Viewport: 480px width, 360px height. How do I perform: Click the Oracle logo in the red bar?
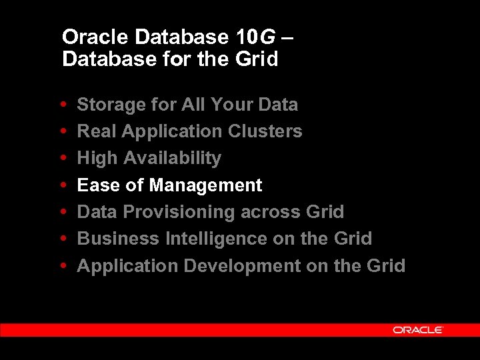(418, 329)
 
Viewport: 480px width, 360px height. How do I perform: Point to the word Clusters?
(265, 131)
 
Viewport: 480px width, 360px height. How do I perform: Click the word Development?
(242, 266)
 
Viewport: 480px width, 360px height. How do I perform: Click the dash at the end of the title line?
(287, 37)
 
